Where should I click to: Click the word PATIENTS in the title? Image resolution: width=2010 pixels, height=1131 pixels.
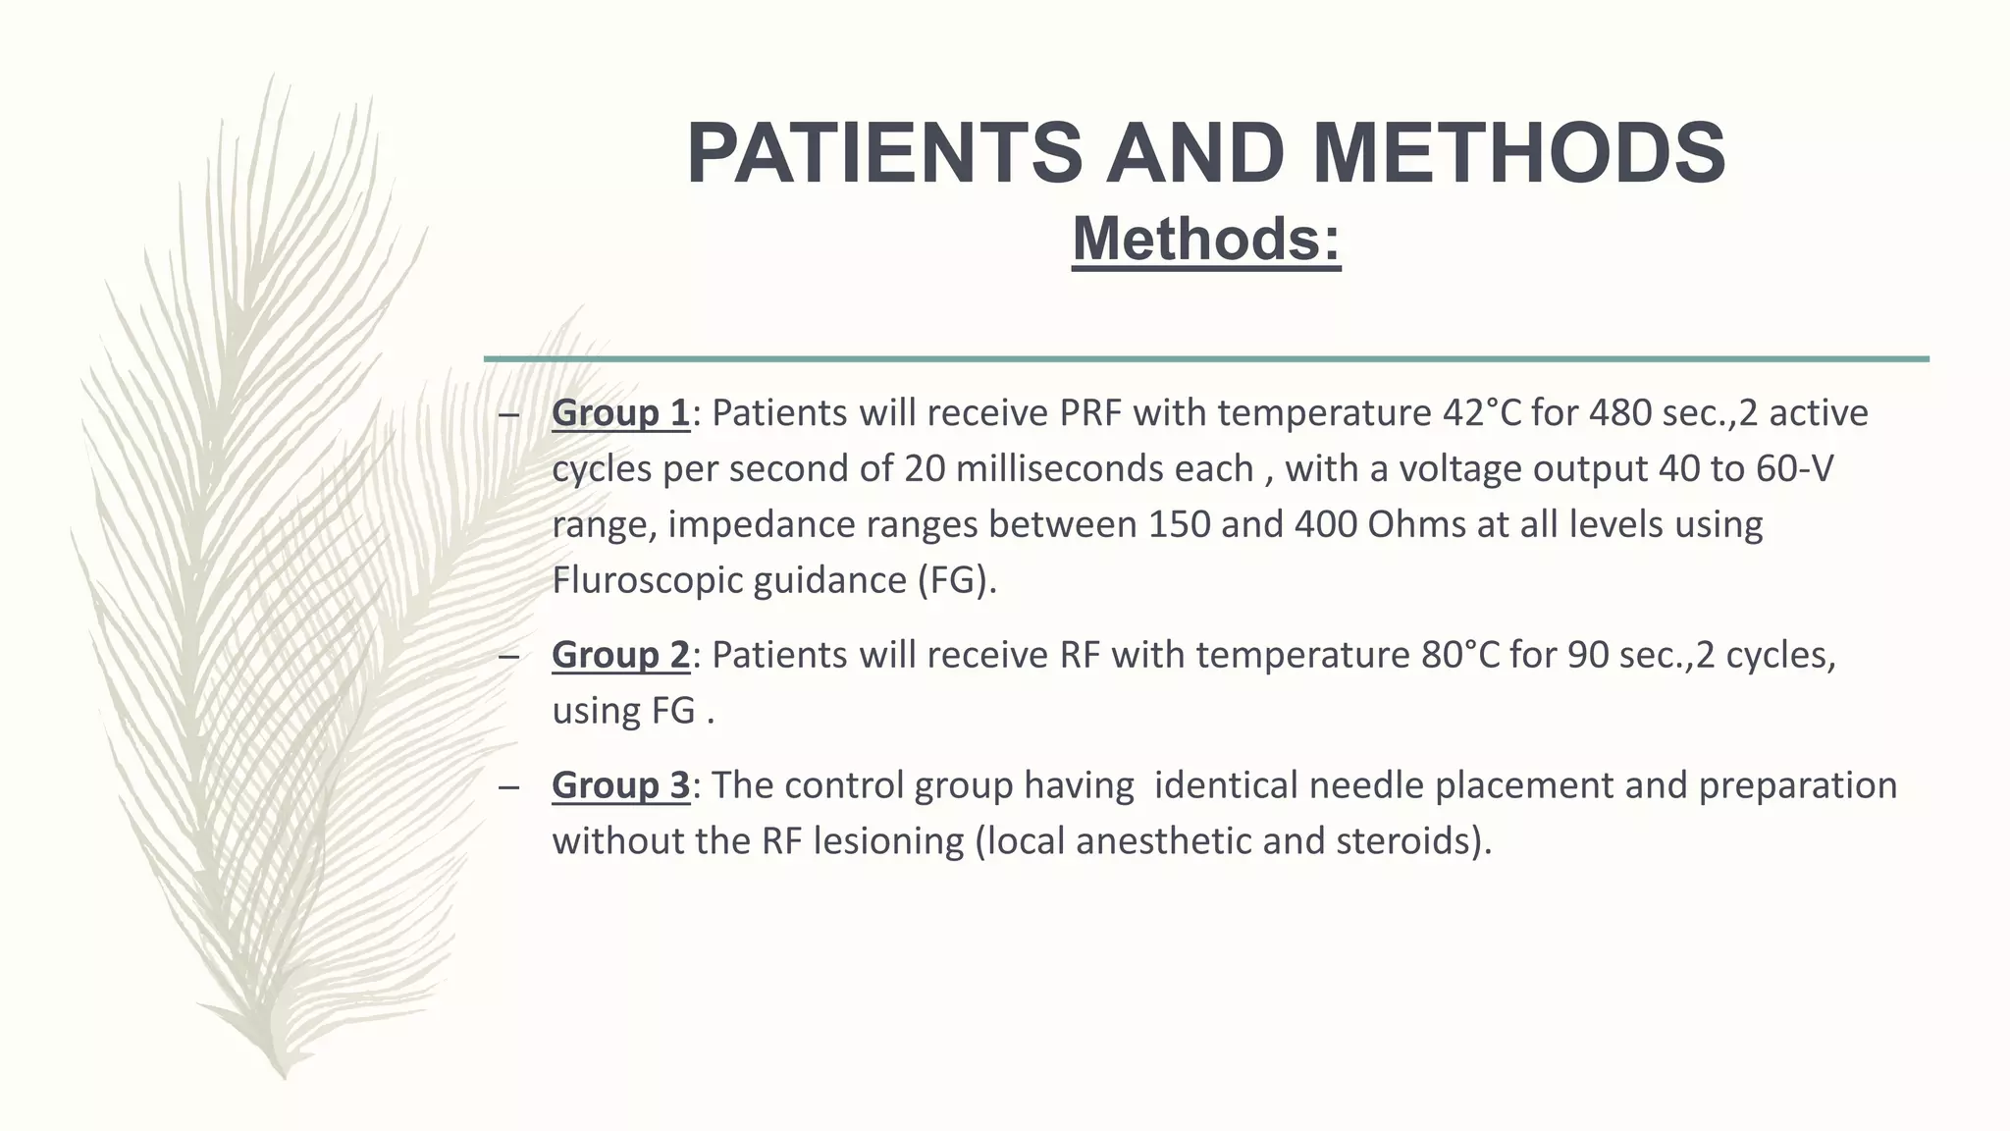(x=883, y=153)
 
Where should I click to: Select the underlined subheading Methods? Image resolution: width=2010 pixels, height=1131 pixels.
(x=1206, y=239)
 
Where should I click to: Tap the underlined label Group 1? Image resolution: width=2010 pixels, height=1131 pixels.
(x=620, y=413)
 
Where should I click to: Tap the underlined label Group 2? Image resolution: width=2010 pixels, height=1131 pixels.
(x=620, y=655)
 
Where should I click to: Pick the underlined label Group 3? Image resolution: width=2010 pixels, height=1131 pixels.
(x=620, y=785)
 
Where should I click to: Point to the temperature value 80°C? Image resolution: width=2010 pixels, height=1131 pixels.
(x=1460, y=655)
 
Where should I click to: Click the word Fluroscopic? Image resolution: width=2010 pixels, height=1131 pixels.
(x=647, y=580)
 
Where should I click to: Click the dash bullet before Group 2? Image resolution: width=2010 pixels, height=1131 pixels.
(x=507, y=656)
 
